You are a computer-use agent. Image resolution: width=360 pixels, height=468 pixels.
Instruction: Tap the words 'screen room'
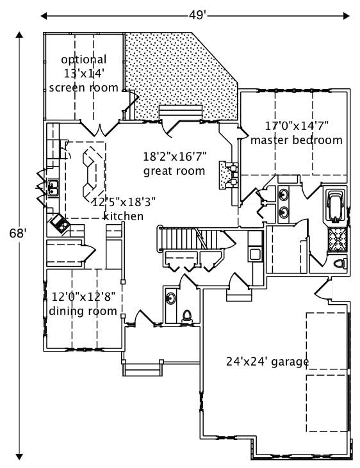coord(83,87)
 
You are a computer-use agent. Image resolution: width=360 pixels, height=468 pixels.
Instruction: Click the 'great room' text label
coord(174,171)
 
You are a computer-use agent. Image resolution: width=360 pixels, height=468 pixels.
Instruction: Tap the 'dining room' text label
coord(83,311)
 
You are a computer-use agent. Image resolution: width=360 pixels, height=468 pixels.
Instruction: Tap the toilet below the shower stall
coord(340,263)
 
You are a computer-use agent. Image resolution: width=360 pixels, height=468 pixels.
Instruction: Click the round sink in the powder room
coord(171,297)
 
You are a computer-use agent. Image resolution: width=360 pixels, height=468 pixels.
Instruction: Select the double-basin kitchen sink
coord(54,187)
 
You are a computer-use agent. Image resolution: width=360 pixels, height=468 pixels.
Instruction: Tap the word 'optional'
coord(84,60)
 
